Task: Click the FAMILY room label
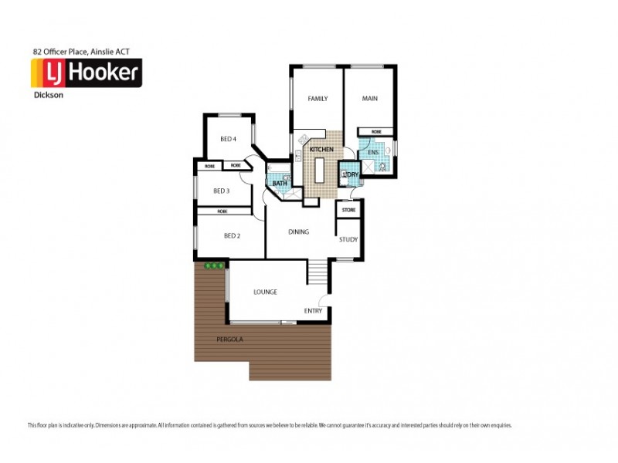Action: [x=317, y=99]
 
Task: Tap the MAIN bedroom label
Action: [x=369, y=99]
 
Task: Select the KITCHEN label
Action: [x=321, y=149]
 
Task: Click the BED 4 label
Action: [x=228, y=139]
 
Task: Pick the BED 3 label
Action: [x=222, y=191]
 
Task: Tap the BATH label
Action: [x=279, y=184]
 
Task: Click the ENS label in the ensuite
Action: [x=372, y=154]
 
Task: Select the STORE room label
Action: [x=348, y=209]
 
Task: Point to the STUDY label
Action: [x=348, y=239]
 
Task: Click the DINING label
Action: [x=299, y=232]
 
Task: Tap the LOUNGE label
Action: [x=265, y=292]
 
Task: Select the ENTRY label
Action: [x=313, y=311]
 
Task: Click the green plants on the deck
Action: [x=214, y=265]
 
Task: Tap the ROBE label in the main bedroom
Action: [x=376, y=132]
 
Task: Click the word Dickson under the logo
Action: [x=48, y=97]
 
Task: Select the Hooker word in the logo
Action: [x=104, y=73]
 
